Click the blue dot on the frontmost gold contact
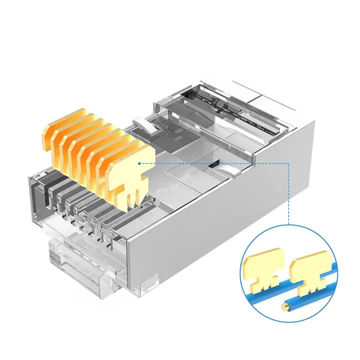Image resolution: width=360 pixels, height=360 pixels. (x=139, y=163)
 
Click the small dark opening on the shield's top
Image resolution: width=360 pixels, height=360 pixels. (x=216, y=164)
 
